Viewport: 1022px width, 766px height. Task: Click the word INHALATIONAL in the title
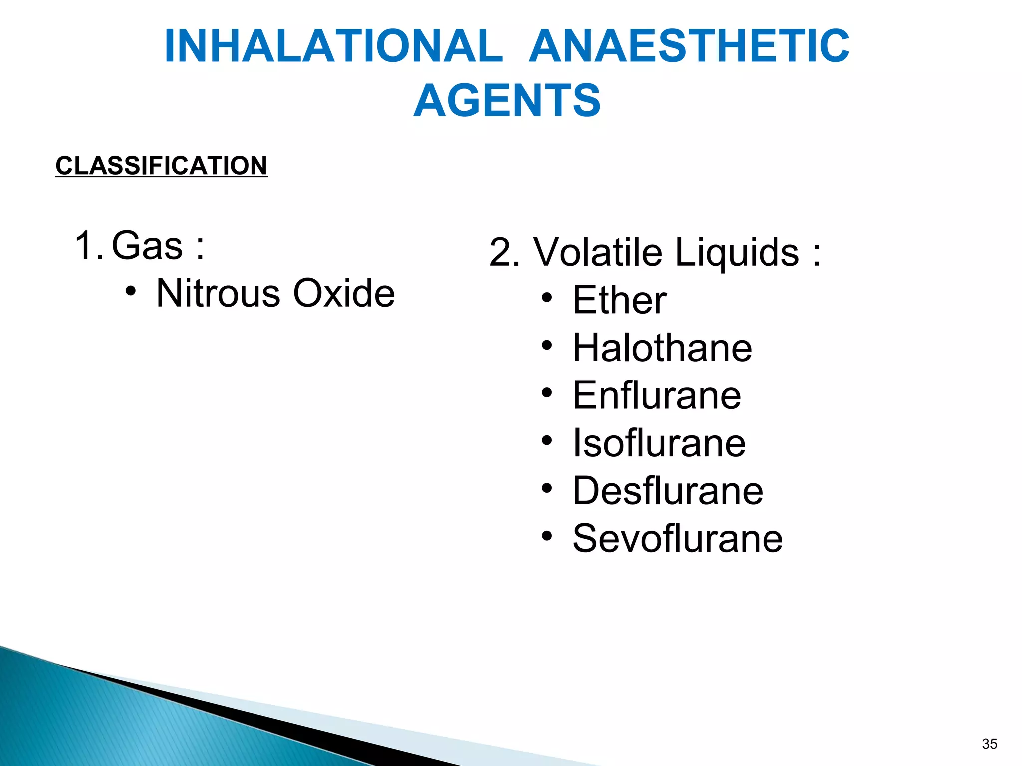(x=333, y=46)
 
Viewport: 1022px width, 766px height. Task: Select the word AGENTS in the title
(x=507, y=101)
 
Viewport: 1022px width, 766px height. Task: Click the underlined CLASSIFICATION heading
(x=162, y=166)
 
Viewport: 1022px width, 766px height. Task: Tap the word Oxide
(x=344, y=293)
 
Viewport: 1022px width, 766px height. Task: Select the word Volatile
(x=598, y=252)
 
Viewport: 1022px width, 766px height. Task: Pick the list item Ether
(x=619, y=300)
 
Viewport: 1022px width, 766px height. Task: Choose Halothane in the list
(x=662, y=348)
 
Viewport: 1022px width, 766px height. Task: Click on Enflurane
(x=657, y=395)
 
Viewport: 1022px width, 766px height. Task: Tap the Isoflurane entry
(x=659, y=443)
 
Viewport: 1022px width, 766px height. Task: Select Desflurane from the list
(x=668, y=491)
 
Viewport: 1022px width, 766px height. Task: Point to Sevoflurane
(x=678, y=538)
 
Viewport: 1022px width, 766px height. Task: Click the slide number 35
(x=989, y=744)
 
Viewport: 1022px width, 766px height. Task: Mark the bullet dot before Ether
(x=547, y=298)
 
